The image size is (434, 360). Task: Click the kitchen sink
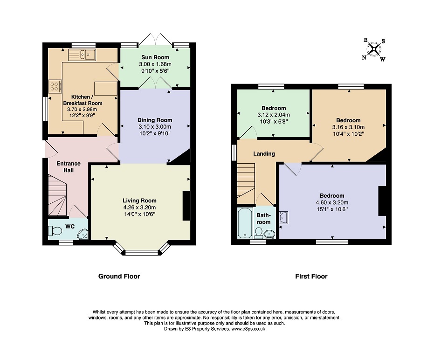pyautogui.click(x=82, y=55)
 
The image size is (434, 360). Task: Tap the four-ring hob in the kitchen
pyautogui.click(x=55, y=86)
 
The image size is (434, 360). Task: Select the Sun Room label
pyautogui.click(x=155, y=57)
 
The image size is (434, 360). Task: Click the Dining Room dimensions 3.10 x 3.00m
pyautogui.click(x=155, y=127)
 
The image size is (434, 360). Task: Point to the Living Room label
pyautogui.click(x=139, y=201)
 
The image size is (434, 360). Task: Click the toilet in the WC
pyautogui.click(x=55, y=231)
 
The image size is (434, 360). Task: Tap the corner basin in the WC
pyautogui.click(x=83, y=234)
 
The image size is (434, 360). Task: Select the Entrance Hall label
pyautogui.click(x=69, y=166)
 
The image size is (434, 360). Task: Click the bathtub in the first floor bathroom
pyautogui.click(x=245, y=223)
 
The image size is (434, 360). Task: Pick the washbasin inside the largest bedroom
pyautogui.click(x=283, y=217)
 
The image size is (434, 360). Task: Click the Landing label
pyautogui.click(x=264, y=154)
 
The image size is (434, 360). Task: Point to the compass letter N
pyautogui.click(x=364, y=57)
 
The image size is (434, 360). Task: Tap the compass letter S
pyautogui.click(x=383, y=41)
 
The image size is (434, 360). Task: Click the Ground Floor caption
pyautogui.click(x=119, y=277)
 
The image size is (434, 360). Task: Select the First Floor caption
pyautogui.click(x=311, y=277)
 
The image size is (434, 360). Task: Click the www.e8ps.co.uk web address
pyautogui.click(x=248, y=329)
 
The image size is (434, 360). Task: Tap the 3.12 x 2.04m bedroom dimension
pyautogui.click(x=274, y=115)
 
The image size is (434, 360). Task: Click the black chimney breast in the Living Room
pyautogui.click(x=186, y=206)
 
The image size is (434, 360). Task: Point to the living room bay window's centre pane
pyautogui.click(x=141, y=253)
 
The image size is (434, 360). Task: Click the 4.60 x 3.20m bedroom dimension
pyautogui.click(x=332, y=202)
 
